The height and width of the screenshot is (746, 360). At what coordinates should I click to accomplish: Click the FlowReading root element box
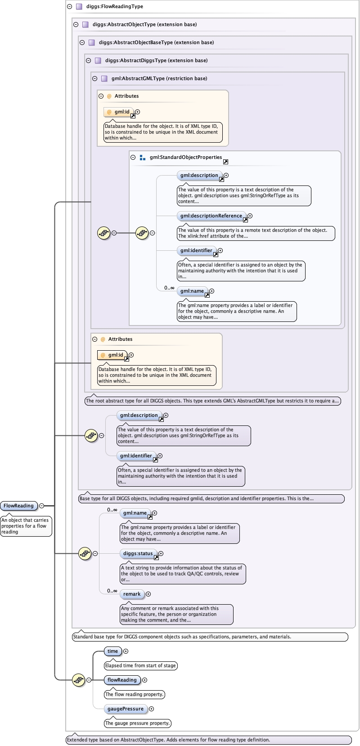18,506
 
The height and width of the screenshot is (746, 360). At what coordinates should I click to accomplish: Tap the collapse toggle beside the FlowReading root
42,506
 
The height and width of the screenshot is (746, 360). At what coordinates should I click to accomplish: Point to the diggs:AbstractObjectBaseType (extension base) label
156,42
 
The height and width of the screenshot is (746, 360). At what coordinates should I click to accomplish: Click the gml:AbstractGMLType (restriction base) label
159,78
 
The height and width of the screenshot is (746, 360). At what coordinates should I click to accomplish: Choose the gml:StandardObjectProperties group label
185,158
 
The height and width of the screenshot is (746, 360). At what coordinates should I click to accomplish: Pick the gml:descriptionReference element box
211,216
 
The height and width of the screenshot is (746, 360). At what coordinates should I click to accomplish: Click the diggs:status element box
138,554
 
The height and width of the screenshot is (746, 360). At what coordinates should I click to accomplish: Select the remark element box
132,594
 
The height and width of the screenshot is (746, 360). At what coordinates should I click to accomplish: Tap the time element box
112,651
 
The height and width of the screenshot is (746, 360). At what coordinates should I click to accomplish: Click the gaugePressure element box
125,709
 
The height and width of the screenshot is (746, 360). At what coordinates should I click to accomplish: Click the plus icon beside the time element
126,651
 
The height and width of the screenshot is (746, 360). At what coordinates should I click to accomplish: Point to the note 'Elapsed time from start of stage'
140,666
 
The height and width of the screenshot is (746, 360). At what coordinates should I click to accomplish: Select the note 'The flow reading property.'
135,695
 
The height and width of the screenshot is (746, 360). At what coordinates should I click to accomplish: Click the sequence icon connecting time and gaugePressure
79,680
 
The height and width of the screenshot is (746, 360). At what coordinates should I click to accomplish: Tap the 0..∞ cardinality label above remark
112,591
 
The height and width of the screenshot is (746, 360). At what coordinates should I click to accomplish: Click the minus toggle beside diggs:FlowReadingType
69,7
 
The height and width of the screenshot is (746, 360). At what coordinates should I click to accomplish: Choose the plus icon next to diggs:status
161,554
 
